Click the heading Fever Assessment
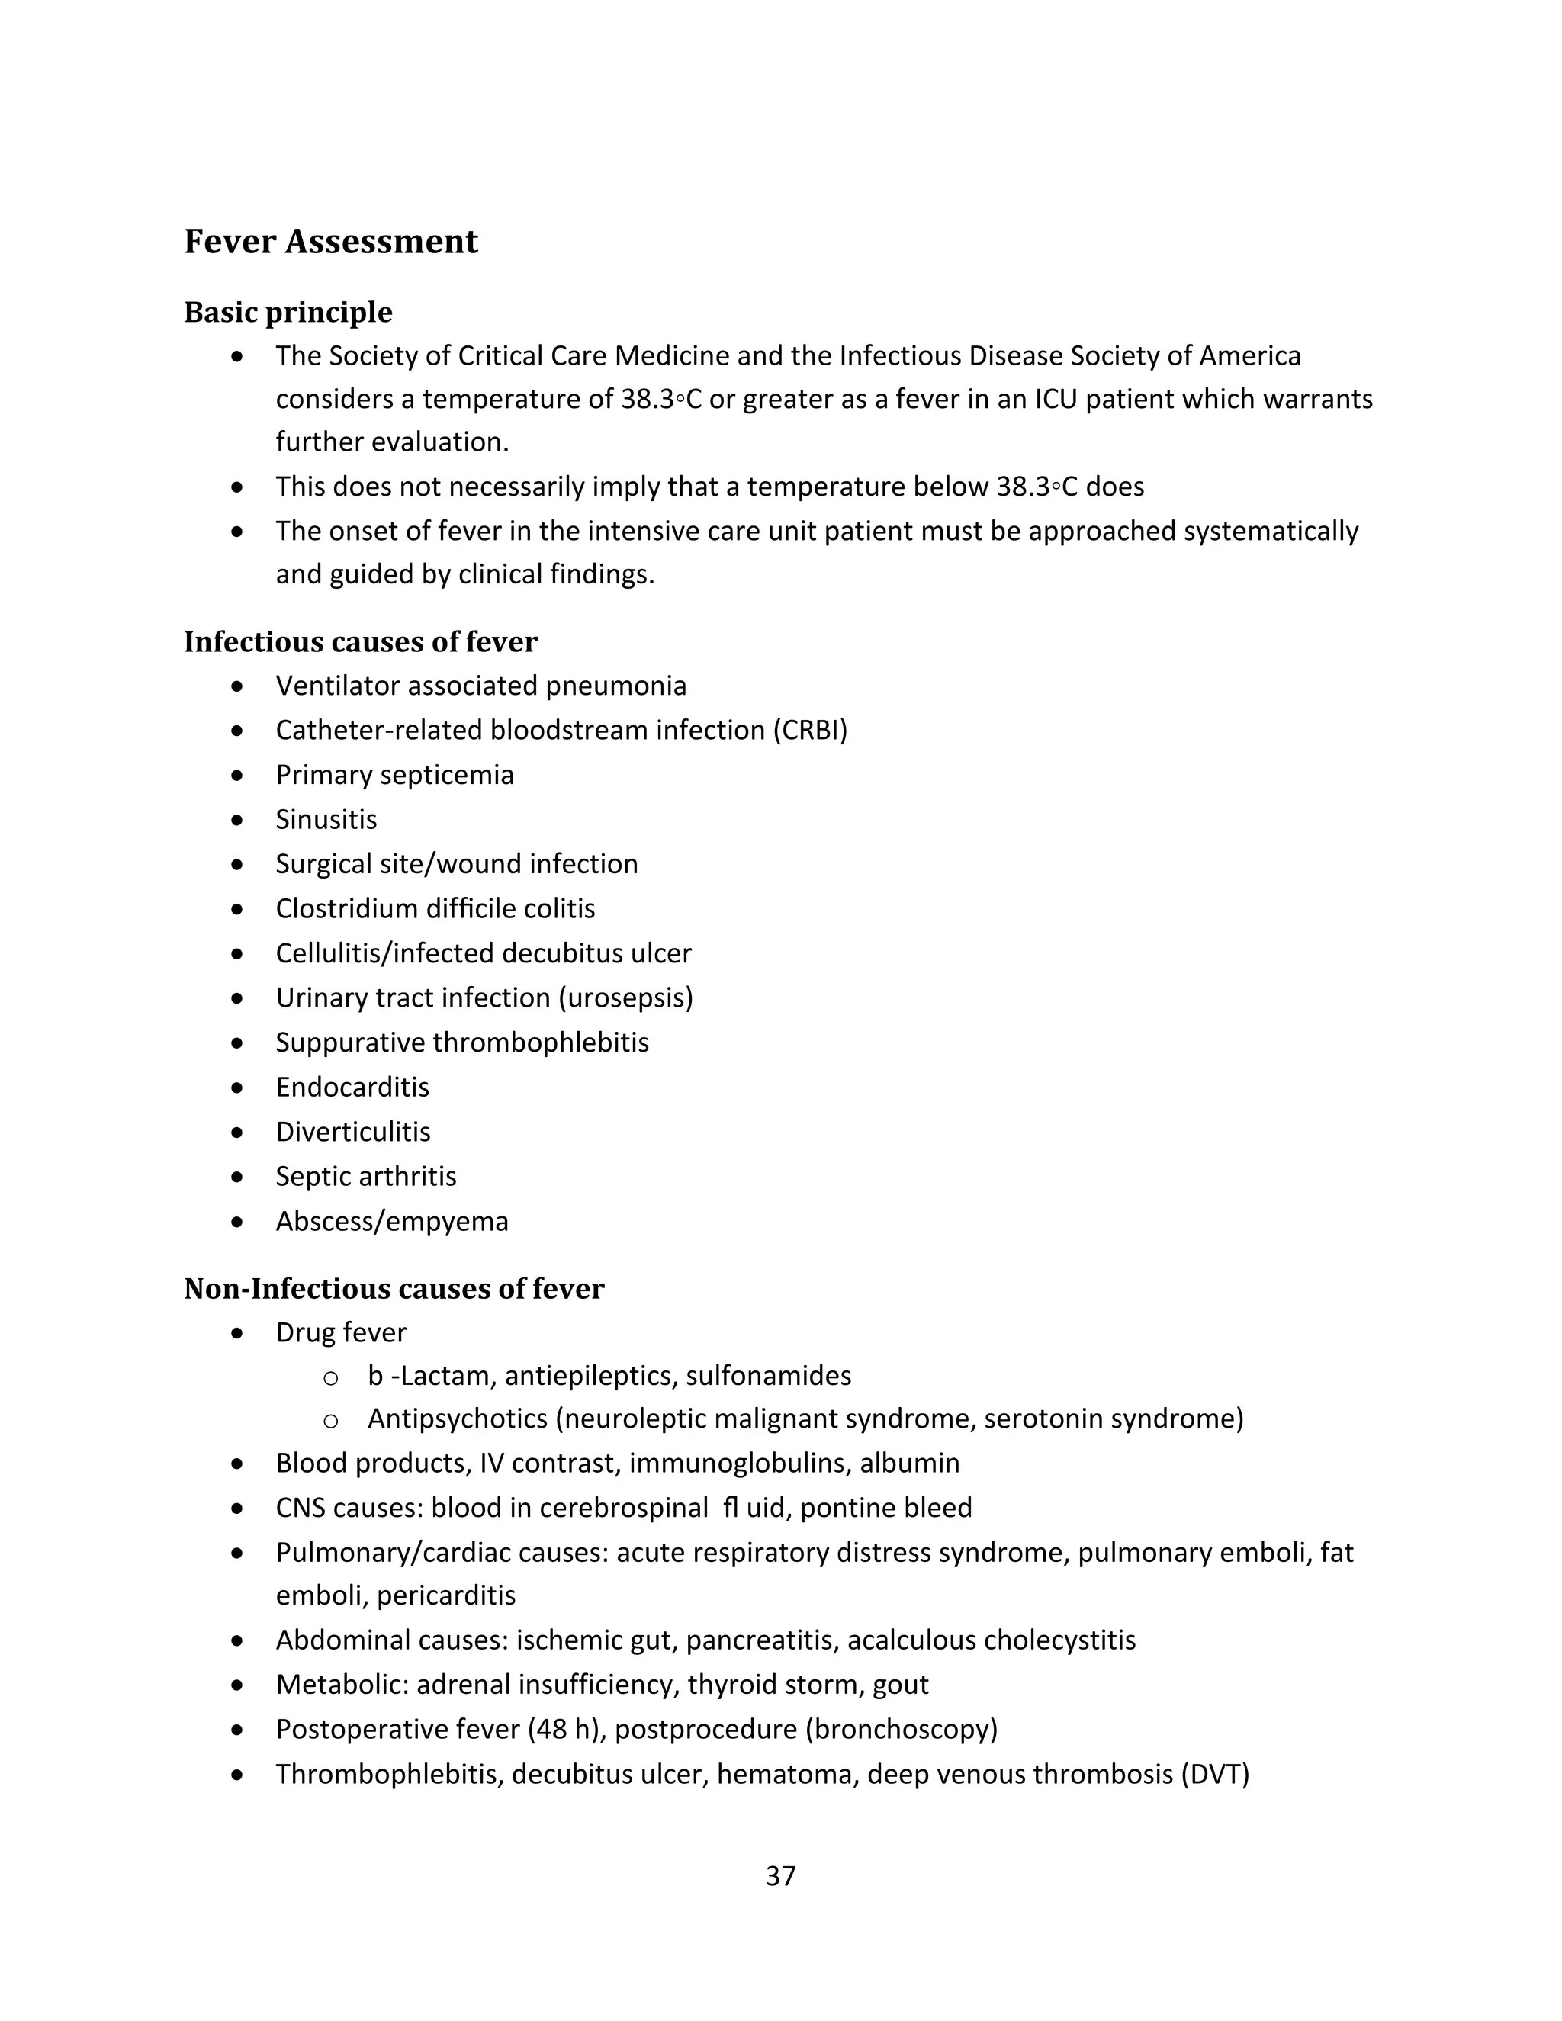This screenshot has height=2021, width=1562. [330, 242]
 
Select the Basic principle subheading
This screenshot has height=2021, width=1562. [288, 312]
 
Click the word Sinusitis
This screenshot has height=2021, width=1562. [326, 819]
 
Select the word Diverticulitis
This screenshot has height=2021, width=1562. [352, 1131]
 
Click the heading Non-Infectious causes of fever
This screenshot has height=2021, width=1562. [394, 1288]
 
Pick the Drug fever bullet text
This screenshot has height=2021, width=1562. [340, 1332]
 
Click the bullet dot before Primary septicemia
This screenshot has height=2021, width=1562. [238, 775]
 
